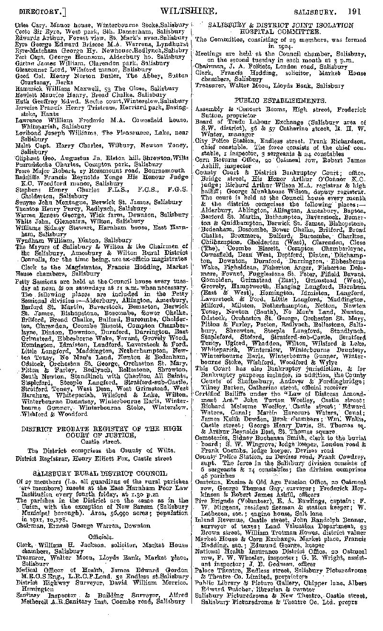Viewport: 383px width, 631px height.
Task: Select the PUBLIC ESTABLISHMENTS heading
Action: [277, 101]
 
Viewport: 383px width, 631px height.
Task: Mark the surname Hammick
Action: [30, 89]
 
